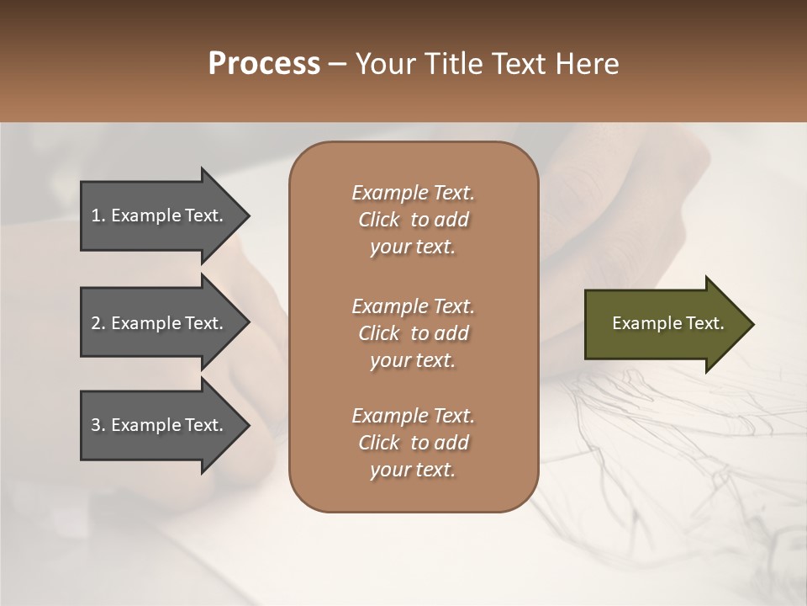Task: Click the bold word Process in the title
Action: [264, 64]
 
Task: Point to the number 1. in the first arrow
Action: [98, 215]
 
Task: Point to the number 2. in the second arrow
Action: [98, 323]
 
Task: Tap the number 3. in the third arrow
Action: [98, 425]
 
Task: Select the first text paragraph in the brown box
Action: [413, 220]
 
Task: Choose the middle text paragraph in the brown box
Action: [413, 333]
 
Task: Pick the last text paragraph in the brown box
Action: [413, 443]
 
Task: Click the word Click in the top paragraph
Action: [378, 220]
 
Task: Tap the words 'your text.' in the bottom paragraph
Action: [413, 470]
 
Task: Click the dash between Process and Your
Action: [337, 65]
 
